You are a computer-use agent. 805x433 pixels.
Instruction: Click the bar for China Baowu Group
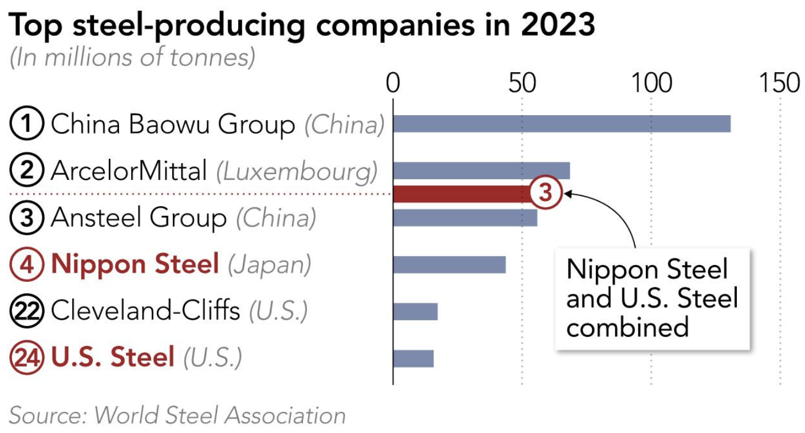coord(561,124)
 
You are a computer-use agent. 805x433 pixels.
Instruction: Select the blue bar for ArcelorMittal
coord(481,171)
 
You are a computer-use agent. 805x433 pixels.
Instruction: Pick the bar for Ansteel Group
coord(465,218)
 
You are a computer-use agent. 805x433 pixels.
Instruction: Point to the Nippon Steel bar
coord(449,265)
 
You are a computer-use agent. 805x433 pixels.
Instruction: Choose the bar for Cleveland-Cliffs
coord(415,312)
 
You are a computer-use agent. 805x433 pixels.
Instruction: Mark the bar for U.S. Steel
coord(413,358)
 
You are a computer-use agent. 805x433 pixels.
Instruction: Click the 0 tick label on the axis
coord(393,84)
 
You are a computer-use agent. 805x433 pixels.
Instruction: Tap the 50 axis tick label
coord(522,84)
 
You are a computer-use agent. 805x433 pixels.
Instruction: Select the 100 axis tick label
coord(652,84)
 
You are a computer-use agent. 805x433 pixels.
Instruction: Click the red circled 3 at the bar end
coord(546,194)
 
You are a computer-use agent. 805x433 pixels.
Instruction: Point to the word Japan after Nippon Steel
coord(269,265)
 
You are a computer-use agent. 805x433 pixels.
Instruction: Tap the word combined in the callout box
coord(628,327)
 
